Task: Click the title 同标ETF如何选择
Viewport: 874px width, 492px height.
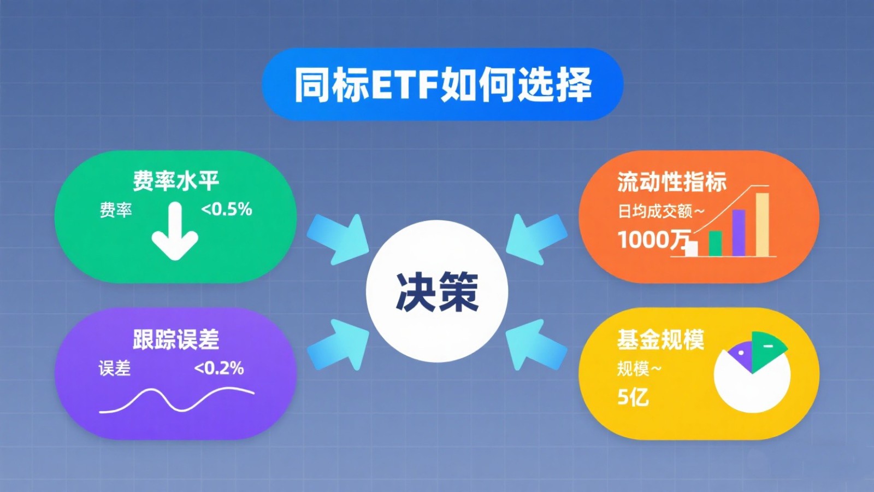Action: tap(442, 85)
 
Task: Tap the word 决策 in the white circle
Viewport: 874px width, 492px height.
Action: tap(437, 292)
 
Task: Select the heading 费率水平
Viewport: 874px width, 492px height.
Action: tap(175, 181)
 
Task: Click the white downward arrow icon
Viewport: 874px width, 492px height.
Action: tap(175, 231)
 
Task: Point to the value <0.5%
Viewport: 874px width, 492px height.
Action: tap(227, 210)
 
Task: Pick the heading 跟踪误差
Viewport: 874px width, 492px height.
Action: tap(175, 339)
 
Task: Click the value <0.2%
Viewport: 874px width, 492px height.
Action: tap(219, 368)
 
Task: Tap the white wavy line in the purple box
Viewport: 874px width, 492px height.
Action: tap(176, 399)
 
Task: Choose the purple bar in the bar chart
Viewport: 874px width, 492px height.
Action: tap(739, 233)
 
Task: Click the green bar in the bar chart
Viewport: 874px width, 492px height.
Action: tap(715, 243)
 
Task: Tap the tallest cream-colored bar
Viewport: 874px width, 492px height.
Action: tap(763, 225)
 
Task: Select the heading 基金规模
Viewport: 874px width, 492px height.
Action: tap(660, 339)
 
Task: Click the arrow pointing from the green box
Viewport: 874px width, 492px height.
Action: tap(339, 239)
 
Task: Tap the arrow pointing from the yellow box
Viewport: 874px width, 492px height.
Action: tap(536, 344)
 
